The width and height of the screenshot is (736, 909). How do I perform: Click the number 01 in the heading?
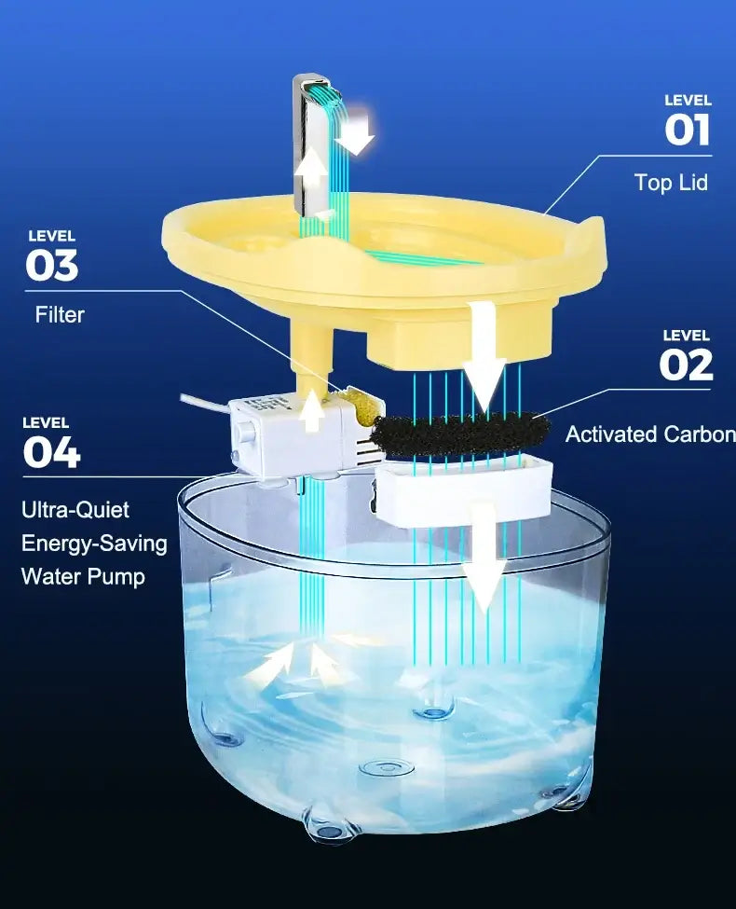[x=687, y=130]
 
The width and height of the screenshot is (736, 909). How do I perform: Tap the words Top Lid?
[x=671, y=183]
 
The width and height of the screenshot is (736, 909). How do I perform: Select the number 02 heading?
[x=686, y=365]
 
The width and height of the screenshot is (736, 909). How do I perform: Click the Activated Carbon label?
[x=650, y=434]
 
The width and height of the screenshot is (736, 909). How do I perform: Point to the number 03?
[x=51, y=266]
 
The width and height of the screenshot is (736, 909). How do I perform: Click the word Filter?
[x=60, y=315]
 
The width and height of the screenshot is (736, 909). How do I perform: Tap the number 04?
[x=51, y=452]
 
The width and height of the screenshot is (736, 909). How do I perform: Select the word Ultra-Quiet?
[x=75, y=510]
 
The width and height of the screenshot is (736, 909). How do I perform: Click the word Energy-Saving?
[x=94, y=544]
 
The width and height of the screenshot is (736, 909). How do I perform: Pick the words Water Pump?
[x=83, y=577]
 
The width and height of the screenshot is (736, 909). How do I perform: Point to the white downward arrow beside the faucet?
[x=357, y=134]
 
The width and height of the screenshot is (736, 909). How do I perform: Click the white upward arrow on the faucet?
[x=312, y=167]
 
